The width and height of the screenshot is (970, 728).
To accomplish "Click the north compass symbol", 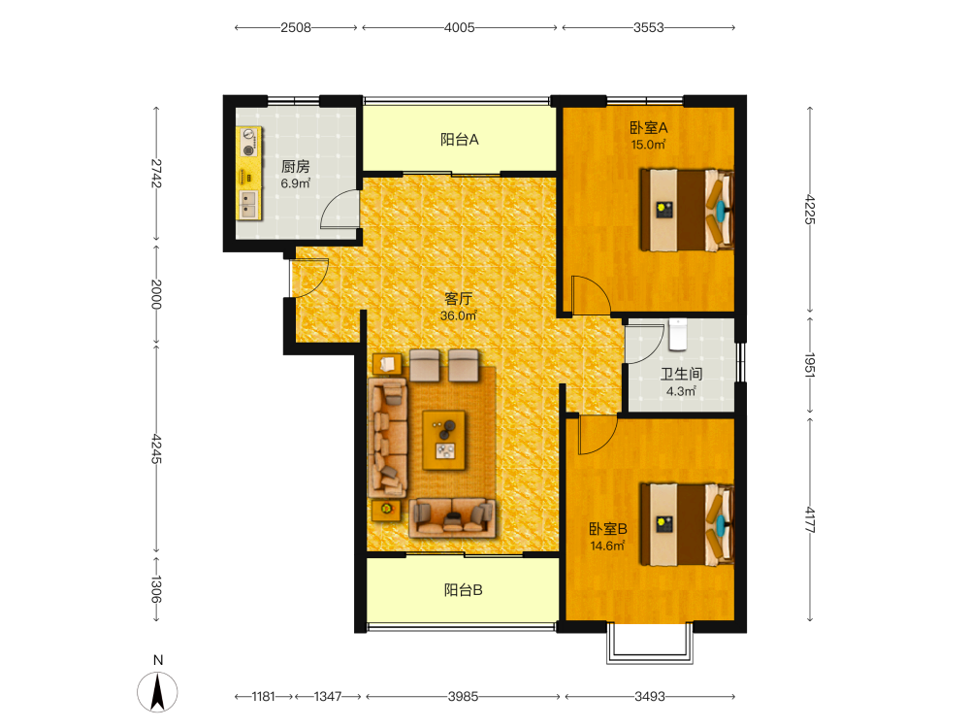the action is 158,691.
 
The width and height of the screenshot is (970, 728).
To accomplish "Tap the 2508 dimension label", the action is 296,28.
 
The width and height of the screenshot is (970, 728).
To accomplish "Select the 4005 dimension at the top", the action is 460,28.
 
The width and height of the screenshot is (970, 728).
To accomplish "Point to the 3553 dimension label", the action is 648,28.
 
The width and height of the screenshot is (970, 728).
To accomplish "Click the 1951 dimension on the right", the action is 810,365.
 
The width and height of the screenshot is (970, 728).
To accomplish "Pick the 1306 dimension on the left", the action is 156,589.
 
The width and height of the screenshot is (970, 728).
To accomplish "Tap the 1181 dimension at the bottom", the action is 263,697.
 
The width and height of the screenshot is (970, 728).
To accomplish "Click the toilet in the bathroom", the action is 677,334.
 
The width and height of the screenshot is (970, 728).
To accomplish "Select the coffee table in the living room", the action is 444,440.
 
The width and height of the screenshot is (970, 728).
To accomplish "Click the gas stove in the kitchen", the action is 248,142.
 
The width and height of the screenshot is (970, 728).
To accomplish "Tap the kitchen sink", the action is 248,204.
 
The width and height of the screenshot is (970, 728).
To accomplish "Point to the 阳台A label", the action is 460,140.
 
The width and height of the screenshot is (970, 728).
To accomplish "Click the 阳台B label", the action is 464,590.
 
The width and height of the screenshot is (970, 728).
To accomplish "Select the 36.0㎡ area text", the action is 459,315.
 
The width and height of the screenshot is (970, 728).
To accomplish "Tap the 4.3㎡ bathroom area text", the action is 681,391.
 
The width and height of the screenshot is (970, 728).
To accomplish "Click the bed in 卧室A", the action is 687,210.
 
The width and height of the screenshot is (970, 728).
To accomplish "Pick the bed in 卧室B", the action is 687,524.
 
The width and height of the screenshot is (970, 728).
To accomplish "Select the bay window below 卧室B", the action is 650,644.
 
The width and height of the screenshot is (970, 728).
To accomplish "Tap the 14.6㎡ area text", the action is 607,546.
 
